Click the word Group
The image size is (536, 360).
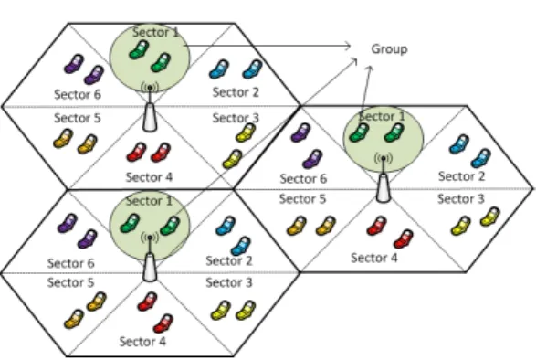pos(389,49)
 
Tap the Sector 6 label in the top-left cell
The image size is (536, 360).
pos(78,94)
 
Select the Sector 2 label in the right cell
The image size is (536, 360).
pos(461,176)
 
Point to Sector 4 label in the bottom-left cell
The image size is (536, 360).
pos(142,342)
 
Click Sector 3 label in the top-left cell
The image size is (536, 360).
pos(236,118)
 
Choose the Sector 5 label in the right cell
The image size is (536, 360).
pos(302,199)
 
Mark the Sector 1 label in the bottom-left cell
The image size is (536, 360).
pos(149,201)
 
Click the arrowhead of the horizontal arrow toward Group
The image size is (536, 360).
pos(348,46)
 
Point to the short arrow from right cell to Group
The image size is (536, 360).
pos(366,89)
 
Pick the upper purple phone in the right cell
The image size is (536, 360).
pos(300,132)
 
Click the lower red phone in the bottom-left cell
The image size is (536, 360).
pos(163,323)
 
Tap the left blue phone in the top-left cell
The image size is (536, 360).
pos(219,69)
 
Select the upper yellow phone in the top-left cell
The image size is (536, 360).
pos(246,132)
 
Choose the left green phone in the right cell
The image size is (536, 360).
pos(359,132)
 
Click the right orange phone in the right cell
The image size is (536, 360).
pos(326,226)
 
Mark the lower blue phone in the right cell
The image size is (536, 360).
pos(481,158)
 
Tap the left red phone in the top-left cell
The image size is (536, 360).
pos(136,152)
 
